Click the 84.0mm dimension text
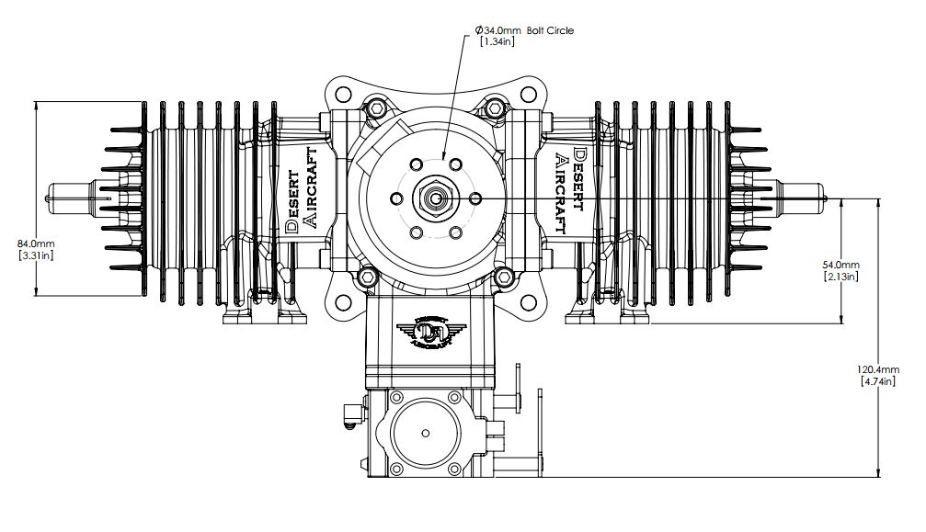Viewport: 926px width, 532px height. tap(36, 243)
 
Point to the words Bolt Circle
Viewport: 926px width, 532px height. tap(550, 30)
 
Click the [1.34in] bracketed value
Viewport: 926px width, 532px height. tap(497, 41)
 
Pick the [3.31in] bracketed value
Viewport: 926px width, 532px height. tap(36, 255)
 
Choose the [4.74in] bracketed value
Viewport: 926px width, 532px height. tap(878, 381)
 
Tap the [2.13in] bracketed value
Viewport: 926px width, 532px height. tap(841, 276)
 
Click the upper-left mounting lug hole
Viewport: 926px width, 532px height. tap(341, 94)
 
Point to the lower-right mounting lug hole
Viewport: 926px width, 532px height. tap(528, 302)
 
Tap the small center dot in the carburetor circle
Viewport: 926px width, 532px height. tap(426, 433)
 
